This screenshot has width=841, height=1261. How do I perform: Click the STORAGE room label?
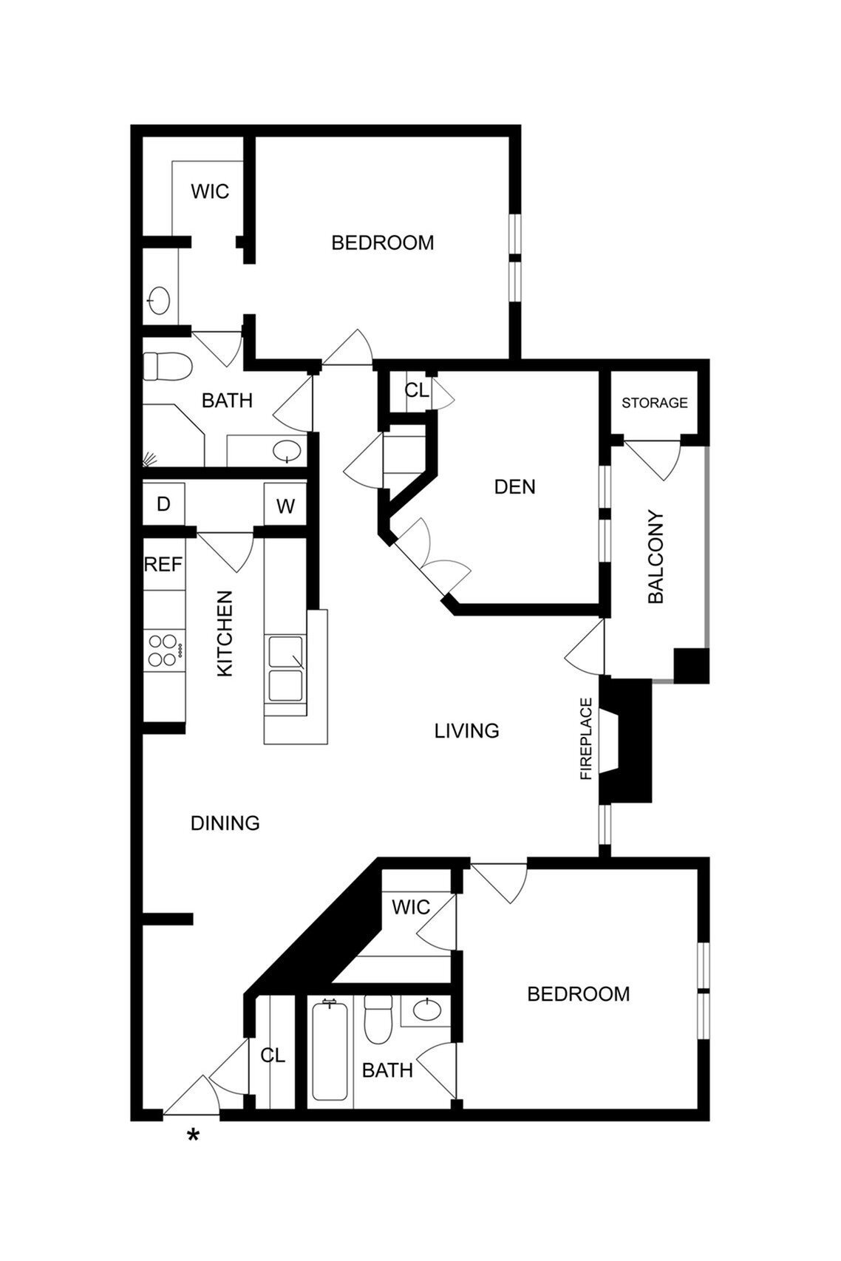(654, 403)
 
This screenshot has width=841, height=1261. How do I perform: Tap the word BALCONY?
(656, 557)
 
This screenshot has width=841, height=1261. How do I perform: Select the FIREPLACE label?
(587, 738)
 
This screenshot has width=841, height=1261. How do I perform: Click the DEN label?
(514, 487)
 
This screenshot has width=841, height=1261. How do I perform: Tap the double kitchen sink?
(285, 669)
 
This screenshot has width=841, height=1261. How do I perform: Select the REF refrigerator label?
(163, 565)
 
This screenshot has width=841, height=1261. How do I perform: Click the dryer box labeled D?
(163, 504)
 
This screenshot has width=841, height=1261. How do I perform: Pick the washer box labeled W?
(285, 506)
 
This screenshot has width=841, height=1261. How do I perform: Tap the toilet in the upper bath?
(167, 365)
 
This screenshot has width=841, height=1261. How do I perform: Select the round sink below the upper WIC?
(160, 301)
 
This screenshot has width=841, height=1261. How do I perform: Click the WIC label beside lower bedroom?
(411, 907)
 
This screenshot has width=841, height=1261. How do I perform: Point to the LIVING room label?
(466, 731)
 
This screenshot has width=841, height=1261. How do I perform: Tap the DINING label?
(225, 823)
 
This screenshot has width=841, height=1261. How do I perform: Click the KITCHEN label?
(225, 633)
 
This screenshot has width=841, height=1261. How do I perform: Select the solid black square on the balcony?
(692, 666)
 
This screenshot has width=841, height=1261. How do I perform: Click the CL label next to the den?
(416, 390)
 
